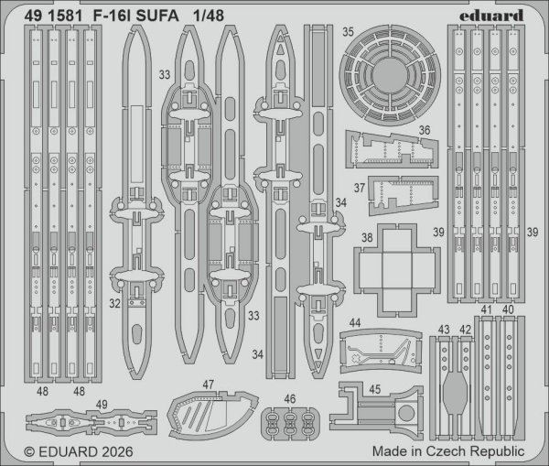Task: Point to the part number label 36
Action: [425, 130]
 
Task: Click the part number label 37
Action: [360, 189]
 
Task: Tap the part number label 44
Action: [354, 322]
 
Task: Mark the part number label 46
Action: [290, 399]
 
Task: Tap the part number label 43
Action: [445, 330]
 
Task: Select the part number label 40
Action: [508, 310]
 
